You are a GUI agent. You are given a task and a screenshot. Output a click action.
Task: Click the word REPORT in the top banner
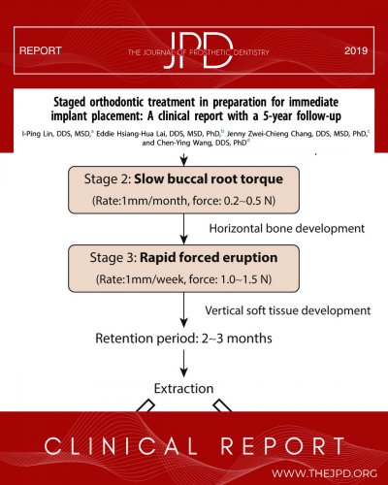(x=41, y=50)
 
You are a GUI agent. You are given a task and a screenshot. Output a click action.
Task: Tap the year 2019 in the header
(x=356, y=50)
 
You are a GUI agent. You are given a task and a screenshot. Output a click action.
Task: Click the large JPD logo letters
(x=198, y=50)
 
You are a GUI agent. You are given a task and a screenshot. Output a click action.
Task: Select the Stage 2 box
(x=183, y=190)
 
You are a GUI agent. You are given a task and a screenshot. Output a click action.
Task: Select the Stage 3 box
(x=183, y=269)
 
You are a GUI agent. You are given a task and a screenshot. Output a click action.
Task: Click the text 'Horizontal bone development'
(x=287, y=229)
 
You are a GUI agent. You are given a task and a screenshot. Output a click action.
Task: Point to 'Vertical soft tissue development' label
(x=288, y=310)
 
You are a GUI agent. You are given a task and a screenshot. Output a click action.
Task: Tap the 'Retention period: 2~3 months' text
(x=183, y=339)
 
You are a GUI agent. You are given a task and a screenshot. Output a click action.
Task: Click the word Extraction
(x=183, y=388)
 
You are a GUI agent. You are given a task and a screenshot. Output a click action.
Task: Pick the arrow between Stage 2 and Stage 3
(x=183, y=229)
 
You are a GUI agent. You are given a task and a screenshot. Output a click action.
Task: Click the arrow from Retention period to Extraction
(x=183, y=364)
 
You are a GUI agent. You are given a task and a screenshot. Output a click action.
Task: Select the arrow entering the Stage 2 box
(x=183, y=159)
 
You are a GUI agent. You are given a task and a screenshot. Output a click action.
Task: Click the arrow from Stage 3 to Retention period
(x=183, y=310)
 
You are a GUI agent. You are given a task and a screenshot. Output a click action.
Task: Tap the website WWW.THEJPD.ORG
(x=324, y=473)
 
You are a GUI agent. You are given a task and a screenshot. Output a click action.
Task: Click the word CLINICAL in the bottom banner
(x=120, y=446)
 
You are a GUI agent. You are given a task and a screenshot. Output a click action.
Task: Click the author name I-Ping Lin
(x=37, y=134)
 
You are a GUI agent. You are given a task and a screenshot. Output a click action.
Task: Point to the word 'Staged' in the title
(x=70, y=102)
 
